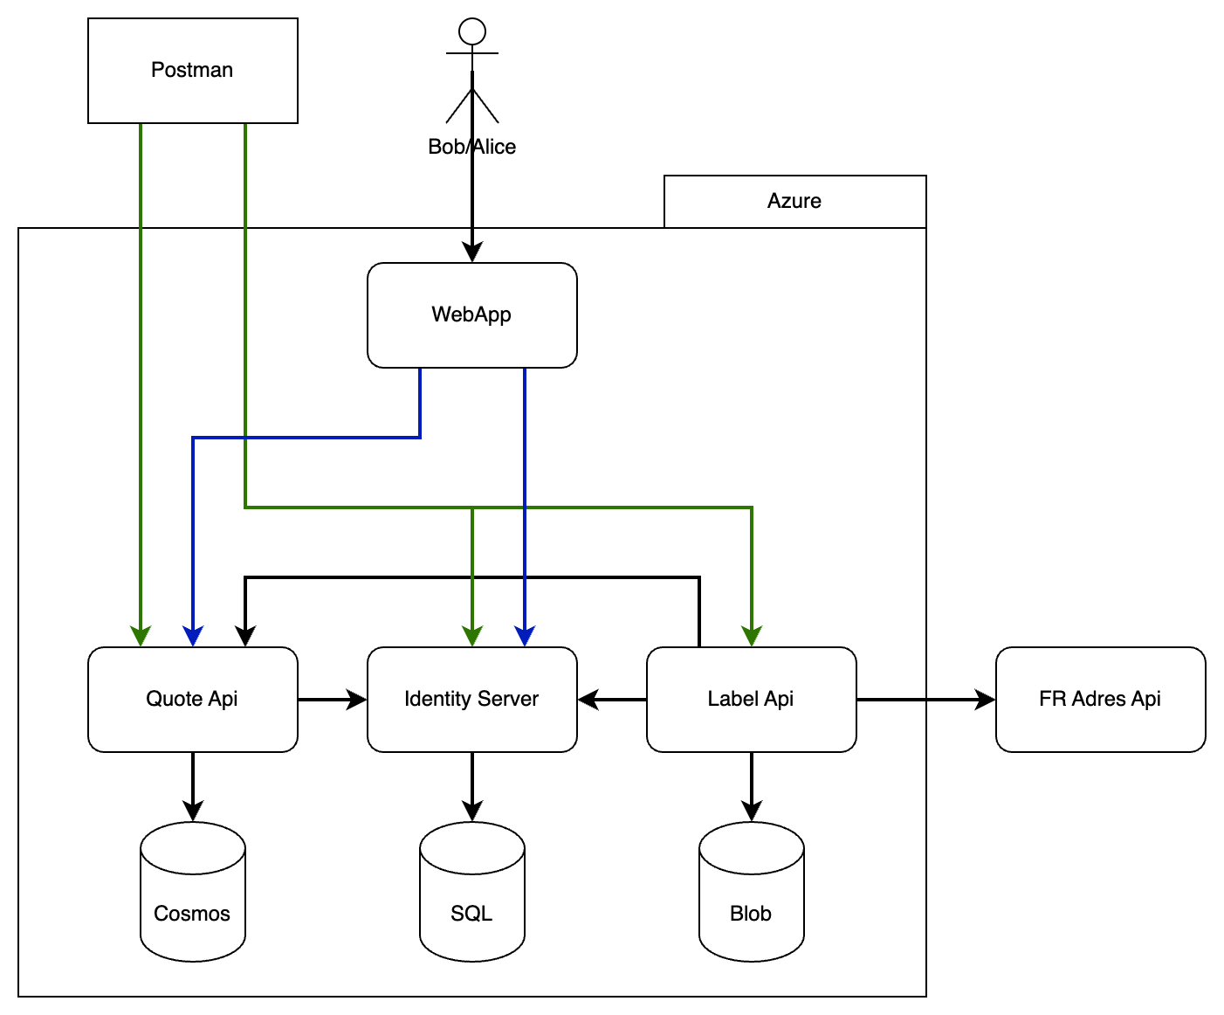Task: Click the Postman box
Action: [193, 71]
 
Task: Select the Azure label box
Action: [794, 202]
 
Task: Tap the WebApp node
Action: [471, 315]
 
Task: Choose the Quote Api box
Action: [193, 699]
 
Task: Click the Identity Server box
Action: [471, 699]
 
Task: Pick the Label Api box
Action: [751, 699]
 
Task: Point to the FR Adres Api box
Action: [1100, 699]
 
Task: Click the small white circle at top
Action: [472, 31]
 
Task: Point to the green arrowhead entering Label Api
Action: [752, 637]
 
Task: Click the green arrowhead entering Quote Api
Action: [141, 637]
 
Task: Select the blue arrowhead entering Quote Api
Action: [193, 637]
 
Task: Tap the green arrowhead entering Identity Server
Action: [472, 637]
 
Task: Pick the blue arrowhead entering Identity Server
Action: [525, 637]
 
